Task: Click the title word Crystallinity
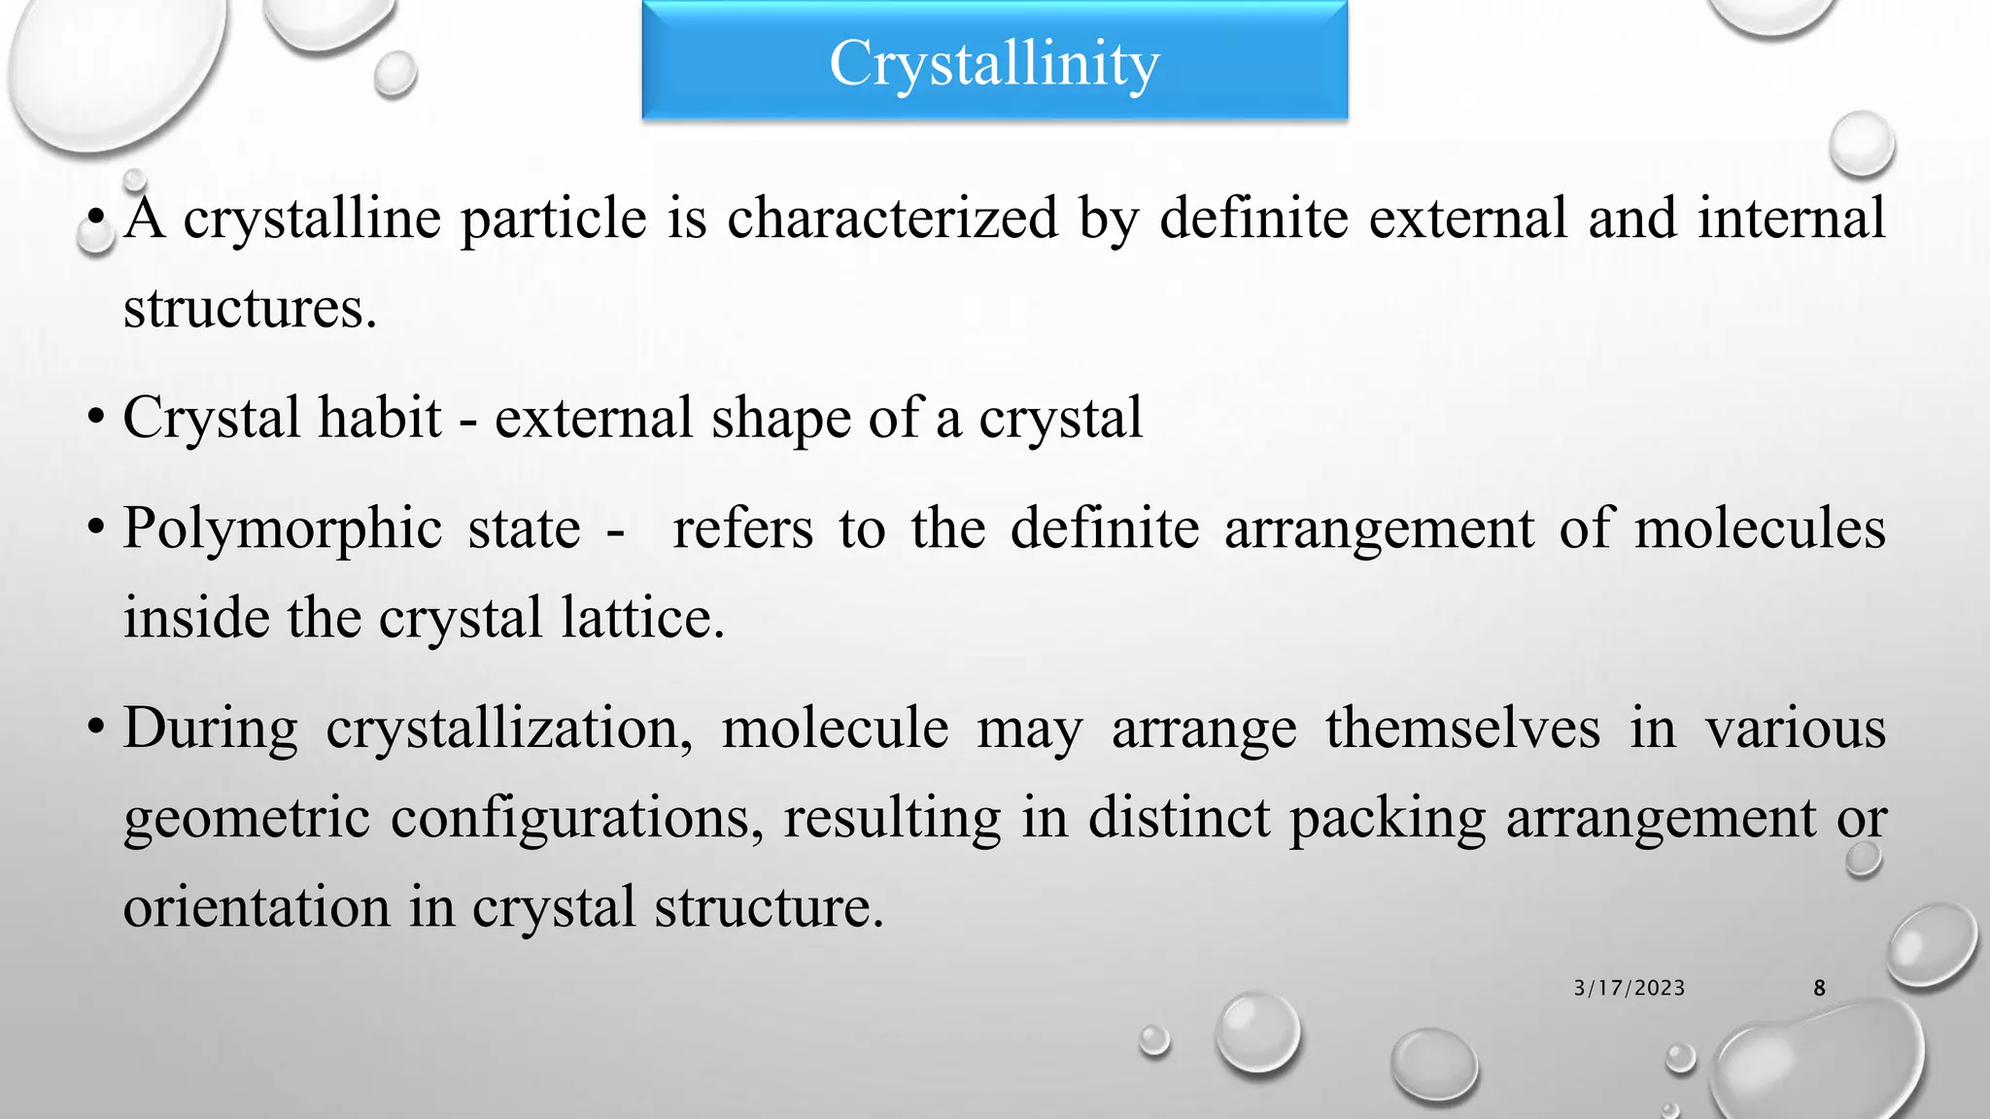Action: pyautogui.click(x=994, y=64)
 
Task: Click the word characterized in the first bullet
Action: pyautogui.click(x=892, y=218)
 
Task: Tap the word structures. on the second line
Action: pyautogui.click(x=250, y=309)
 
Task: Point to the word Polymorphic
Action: pyautogui.click(x=283, y=530)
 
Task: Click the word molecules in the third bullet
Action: pyautogui.click(x=1760, y=528)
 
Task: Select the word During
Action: pyautogui.click(x=210, y=729)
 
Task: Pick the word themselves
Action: pyautogui.click(x=1462, y=729)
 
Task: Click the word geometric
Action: pyautogui.click(x=247, y=818)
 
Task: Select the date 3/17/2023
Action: pyautogui.click(x=1630, y=988)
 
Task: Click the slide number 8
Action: pyautogui.click(x=1819, y=988)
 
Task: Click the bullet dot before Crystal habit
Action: pyautogui.click(x=94, y=419)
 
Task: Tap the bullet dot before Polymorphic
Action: pyautogui.click(x=94, y=529)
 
